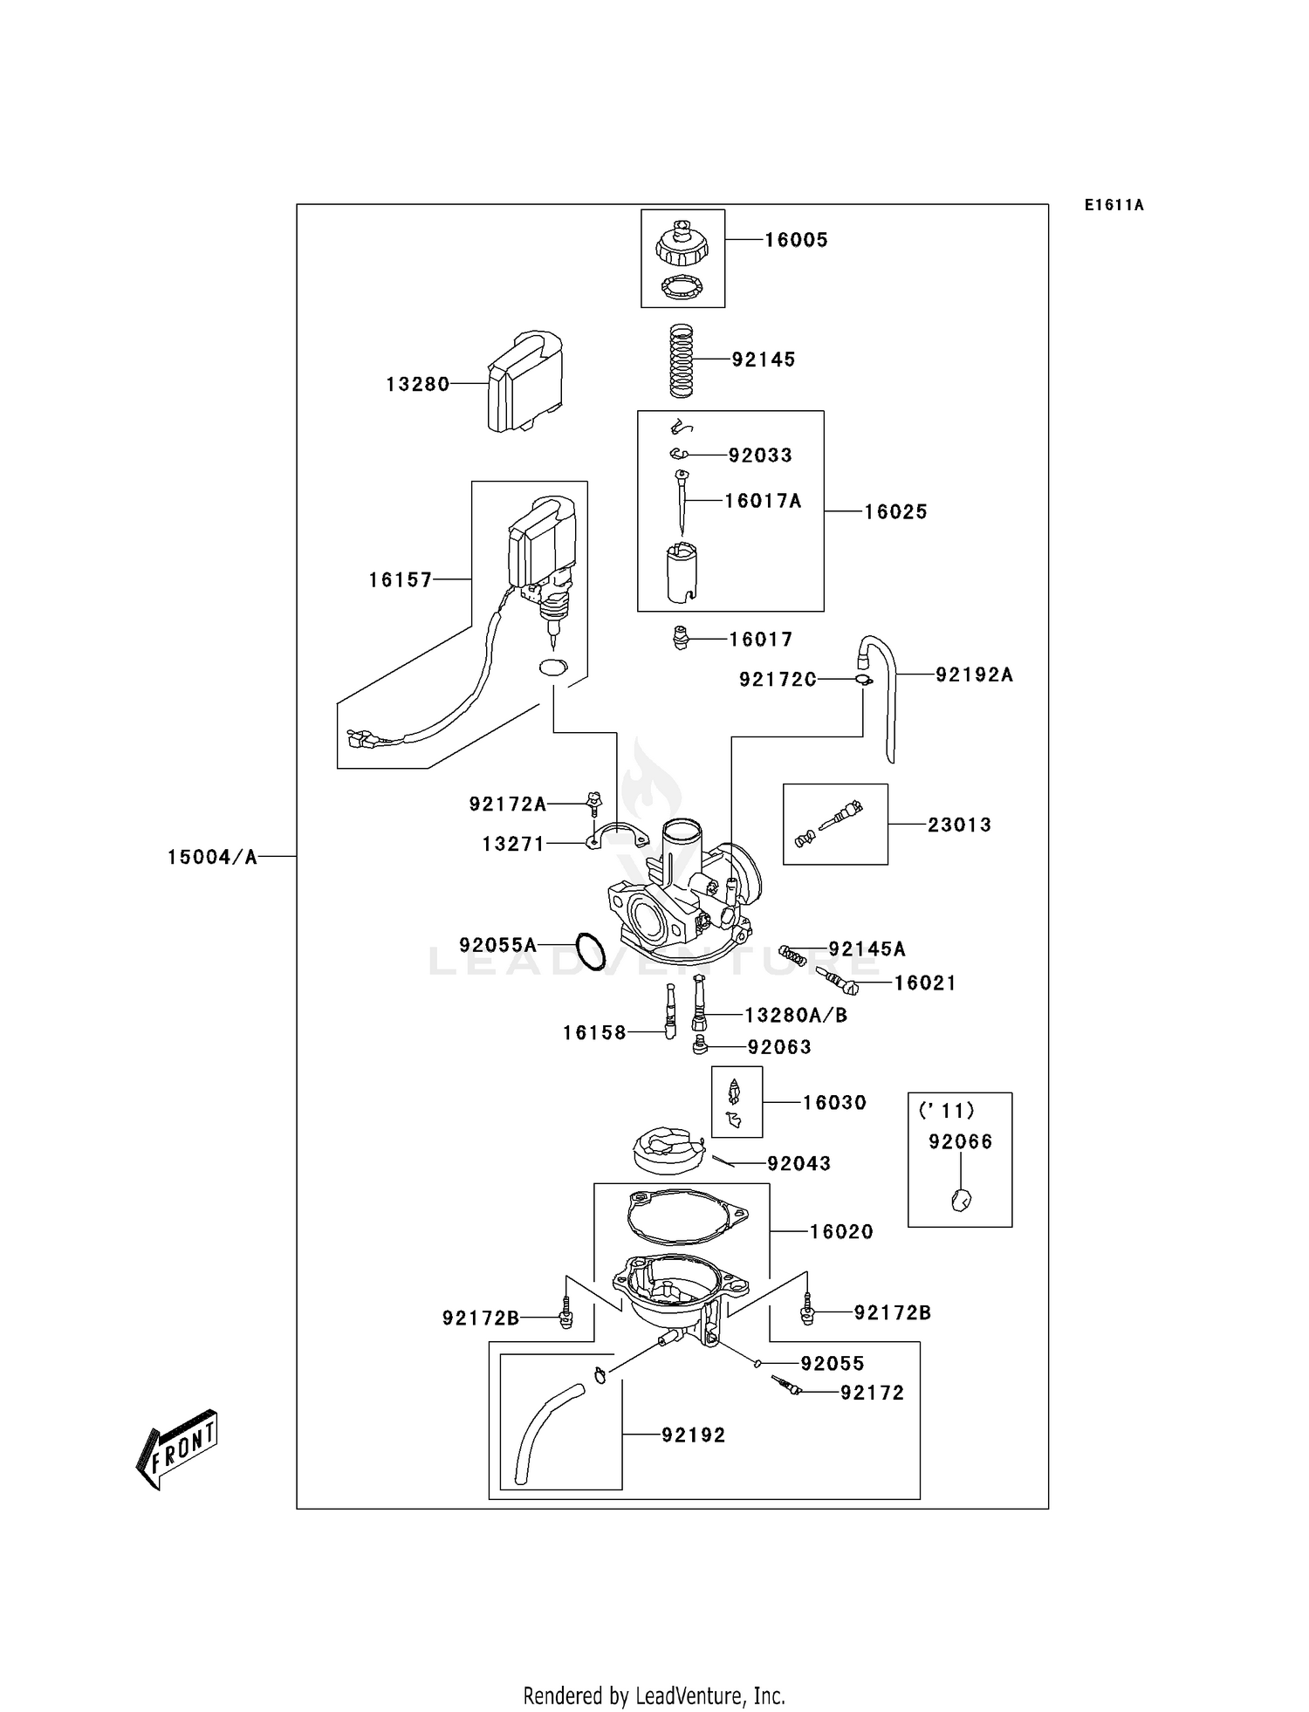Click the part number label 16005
796,240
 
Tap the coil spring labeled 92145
681,360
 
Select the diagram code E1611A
1114,205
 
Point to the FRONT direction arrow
177,1449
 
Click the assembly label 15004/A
212,857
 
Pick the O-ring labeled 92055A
591,951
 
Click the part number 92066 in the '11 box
960,1141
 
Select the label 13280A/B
795,1015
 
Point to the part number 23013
959,825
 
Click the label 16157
401,579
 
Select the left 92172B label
480,1318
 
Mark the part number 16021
925,983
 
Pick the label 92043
798,1163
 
